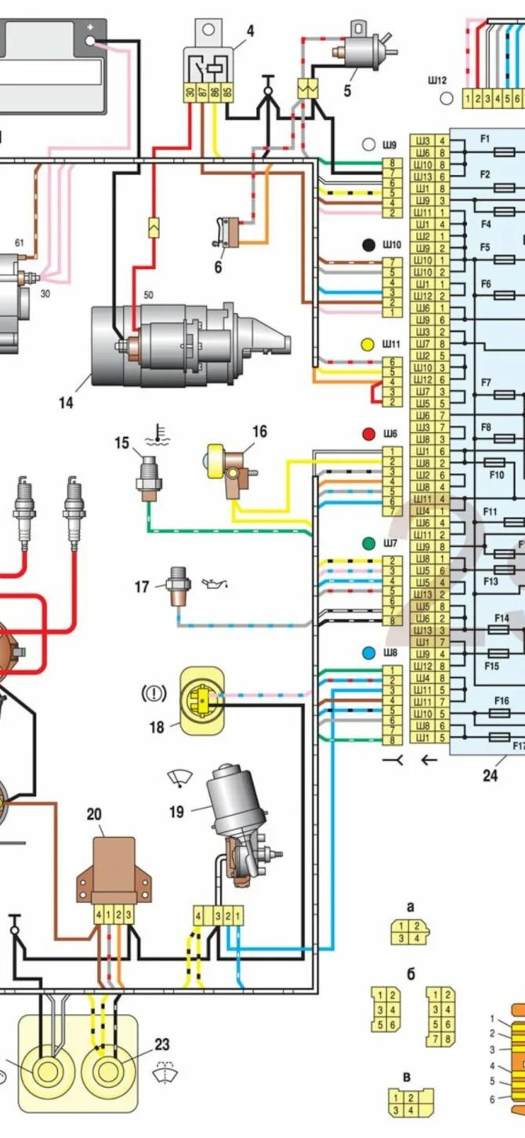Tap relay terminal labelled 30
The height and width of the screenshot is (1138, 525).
(190, 93)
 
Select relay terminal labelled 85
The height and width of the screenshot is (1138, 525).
(227, 93)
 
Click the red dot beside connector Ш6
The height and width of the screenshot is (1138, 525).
(367, 434)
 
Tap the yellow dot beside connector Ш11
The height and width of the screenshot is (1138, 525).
(367, 344)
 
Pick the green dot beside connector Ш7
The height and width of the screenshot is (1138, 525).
(367, 543)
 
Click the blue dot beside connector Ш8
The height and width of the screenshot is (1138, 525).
(367, 652)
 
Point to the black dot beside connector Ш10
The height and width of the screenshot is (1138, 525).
(367, 245)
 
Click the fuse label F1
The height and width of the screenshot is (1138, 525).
(485, 139)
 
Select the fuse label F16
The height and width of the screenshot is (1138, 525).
(501, 700)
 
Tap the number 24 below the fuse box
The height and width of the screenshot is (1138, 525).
(490, 776)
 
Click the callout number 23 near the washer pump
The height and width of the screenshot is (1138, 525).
(161, 1045)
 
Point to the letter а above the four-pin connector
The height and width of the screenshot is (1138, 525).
(410, 907)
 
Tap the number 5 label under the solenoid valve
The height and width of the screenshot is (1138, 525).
(347, 91)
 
